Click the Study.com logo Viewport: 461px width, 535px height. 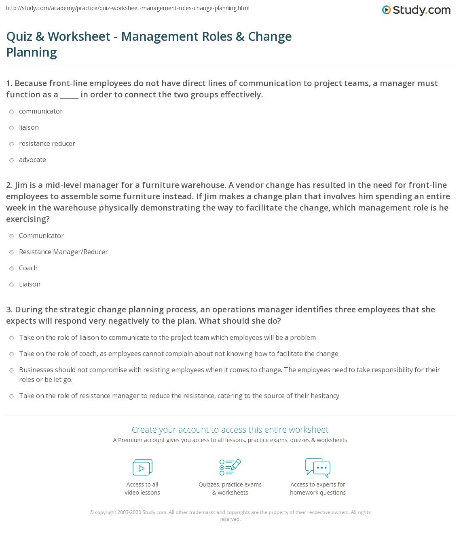click(416, 10)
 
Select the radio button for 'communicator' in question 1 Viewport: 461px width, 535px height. click(12, 112)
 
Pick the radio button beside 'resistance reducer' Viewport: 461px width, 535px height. click(12, 144)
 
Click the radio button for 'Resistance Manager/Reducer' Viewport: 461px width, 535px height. click(12, 253)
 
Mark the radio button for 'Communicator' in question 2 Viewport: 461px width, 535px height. click(12, 236)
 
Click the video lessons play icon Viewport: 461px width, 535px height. click(142, 468)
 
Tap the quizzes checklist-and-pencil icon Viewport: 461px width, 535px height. click(230, 467)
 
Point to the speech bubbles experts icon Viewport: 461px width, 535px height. click(318, 468)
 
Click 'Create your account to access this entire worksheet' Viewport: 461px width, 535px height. click(230, 430)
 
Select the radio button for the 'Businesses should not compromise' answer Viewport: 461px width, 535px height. click(12, 371)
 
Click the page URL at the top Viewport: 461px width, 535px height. click(128, 8)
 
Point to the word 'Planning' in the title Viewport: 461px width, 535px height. click(32, 53)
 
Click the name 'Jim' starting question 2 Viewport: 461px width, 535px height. click(22, 185)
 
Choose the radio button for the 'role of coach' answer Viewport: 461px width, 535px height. click(12, 354)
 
